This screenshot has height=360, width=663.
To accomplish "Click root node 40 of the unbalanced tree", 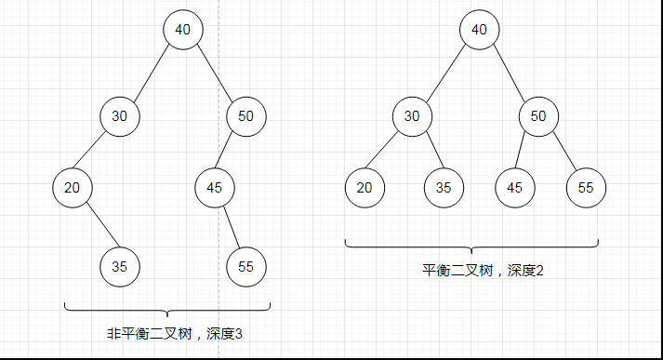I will pyautogui.click(x=183, y=30).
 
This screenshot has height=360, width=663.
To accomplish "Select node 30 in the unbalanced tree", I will pyautogui.click(x=120, y=116).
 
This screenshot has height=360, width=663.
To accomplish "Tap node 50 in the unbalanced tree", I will pyautogui.click(x=246, y=116).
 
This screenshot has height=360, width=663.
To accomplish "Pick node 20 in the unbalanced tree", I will pyautogui.click(x=73, y=188).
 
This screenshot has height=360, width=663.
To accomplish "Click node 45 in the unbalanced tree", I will pyautogui.click(x=215, y=188).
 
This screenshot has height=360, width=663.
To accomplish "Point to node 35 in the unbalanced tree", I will pyautogui.click(x=120, y=266).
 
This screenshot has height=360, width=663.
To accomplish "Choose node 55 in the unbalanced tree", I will pyautogui.click(x=246, y=266).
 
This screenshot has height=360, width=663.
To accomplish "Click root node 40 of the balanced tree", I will pyautogui.click(x=479, y=30).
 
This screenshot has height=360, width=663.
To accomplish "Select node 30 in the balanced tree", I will pyautogui.click(x=412, y=116).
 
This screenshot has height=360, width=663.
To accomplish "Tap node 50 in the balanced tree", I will pyautogui.click(x=538, y=116).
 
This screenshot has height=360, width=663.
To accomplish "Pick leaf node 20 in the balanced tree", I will pyautogui.click(x=365, y=188).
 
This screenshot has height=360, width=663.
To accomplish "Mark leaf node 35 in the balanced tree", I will pyautogui.click(x=444, y=188).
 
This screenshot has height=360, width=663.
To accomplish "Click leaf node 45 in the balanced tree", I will pyautogui.click(x=514, y=188).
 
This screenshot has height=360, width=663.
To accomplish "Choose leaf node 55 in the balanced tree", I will pyautogui.click(x=586, y=188).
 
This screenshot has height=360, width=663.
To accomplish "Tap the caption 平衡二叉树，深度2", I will pyautogui.click(x=471, y=271).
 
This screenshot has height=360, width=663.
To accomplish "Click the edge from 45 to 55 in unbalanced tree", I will pyautogui.click(x=231, y=227).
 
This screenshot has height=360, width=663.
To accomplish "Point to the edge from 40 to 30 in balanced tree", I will pyautogui.click(x=445, y=73).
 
